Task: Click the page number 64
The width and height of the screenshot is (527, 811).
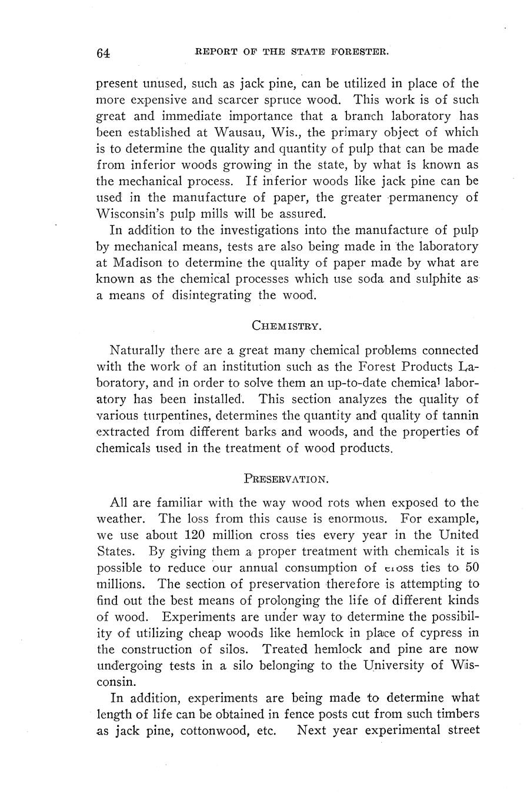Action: click(103, 53)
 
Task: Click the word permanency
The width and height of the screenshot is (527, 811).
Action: click(414, 197)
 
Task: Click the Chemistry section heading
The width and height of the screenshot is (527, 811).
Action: click(286, 325)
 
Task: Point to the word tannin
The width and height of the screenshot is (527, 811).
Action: click(461, 415)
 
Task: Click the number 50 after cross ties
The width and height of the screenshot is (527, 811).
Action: click(471, 568)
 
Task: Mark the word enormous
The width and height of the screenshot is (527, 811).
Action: click(359, 519)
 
